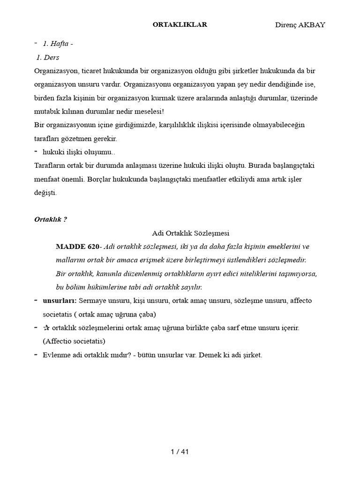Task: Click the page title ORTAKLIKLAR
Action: pos(180,25)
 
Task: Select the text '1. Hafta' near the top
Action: pos(58,44)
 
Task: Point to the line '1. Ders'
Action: pos(48,58)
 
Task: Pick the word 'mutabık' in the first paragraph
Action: pos(47,112)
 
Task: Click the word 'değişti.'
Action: pos(45,193)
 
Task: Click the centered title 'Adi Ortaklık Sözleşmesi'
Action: pos(190,233)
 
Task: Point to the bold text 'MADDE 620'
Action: pos(77,247)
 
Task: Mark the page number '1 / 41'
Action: pos(180,452)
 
